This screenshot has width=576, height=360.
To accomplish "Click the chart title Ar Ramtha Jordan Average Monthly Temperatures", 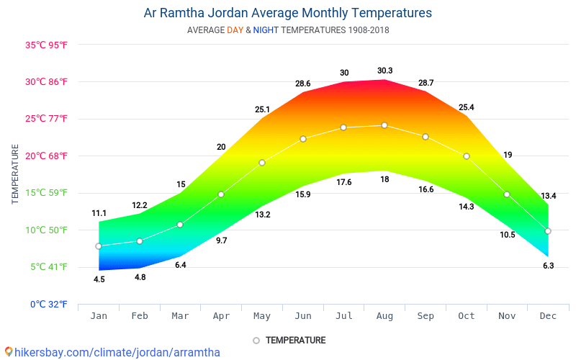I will tap(288, 13).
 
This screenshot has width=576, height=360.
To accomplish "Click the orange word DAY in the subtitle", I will tap(235, 30).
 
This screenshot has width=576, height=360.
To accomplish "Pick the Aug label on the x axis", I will tap(384, 316).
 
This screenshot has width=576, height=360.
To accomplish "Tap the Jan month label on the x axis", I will tap(99, 316).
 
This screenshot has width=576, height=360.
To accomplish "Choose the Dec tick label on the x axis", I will tap(548, 316).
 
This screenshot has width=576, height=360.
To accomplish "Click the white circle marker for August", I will tap(384, 125).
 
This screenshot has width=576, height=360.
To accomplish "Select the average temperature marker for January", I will tap(99, 246).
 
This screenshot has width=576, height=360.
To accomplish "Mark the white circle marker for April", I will tap(221, 194).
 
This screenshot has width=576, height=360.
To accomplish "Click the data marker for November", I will tap(507, 194).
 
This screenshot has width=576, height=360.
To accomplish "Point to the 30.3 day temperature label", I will tap(384, 71).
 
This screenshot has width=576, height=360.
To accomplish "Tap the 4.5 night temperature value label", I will tap(99, 279).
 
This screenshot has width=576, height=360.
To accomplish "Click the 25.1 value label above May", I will tap(262, 109).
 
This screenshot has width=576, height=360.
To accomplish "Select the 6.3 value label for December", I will tap(548, 266).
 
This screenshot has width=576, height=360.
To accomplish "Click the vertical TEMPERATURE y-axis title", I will tap(15, 174).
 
